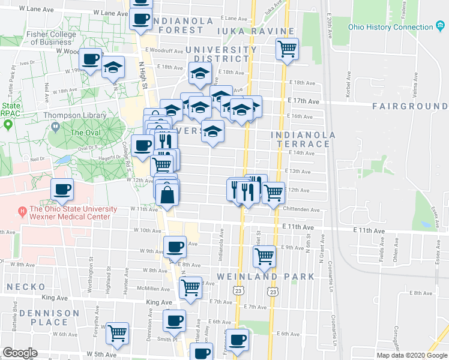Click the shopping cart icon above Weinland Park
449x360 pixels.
click(x=264, y=257)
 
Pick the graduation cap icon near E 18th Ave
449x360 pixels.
click(x=200, y=74)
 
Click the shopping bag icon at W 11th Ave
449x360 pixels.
click(x=167, y=195)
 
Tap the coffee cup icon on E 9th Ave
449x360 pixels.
click(x=175, y=246)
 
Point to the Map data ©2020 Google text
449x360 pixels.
click(x=411, y=355)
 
